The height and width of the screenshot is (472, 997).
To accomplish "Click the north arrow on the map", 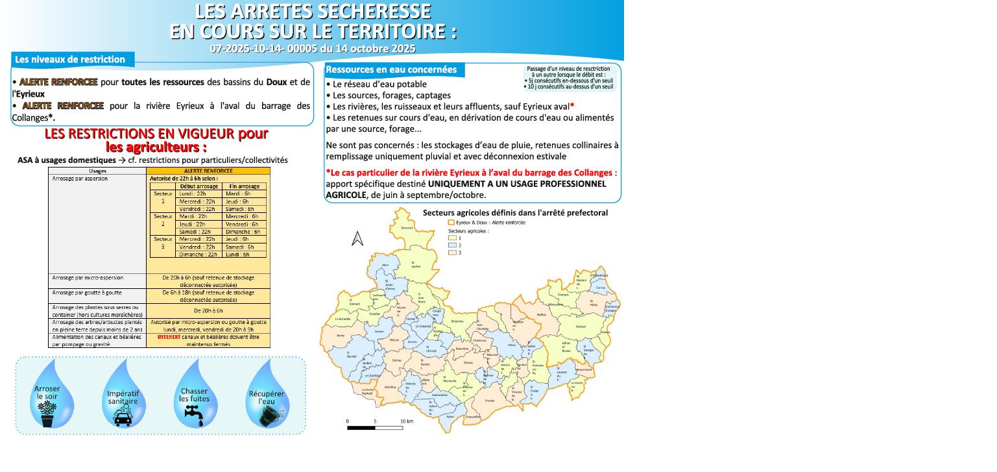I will (x=357, y=239).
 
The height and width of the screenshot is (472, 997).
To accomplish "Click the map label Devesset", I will (x=407, y=228).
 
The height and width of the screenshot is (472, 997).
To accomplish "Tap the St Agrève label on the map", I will (x=416, y=265).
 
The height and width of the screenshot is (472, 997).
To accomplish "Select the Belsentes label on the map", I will (x=458, y=321).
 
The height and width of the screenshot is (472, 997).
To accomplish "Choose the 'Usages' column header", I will (x=97, y=171).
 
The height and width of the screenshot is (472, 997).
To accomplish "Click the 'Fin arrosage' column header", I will (x=244, y=186).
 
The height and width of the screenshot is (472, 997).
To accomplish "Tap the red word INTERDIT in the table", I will (x=169, y=337).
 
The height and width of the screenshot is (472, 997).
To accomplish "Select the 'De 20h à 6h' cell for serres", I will (x=208, y=311).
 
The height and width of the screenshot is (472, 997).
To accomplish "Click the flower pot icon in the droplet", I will (x=47, y=414).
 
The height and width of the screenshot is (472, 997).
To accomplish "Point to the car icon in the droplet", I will (x=123, y=417).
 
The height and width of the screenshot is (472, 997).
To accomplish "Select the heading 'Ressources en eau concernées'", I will (x=391, y=69).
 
